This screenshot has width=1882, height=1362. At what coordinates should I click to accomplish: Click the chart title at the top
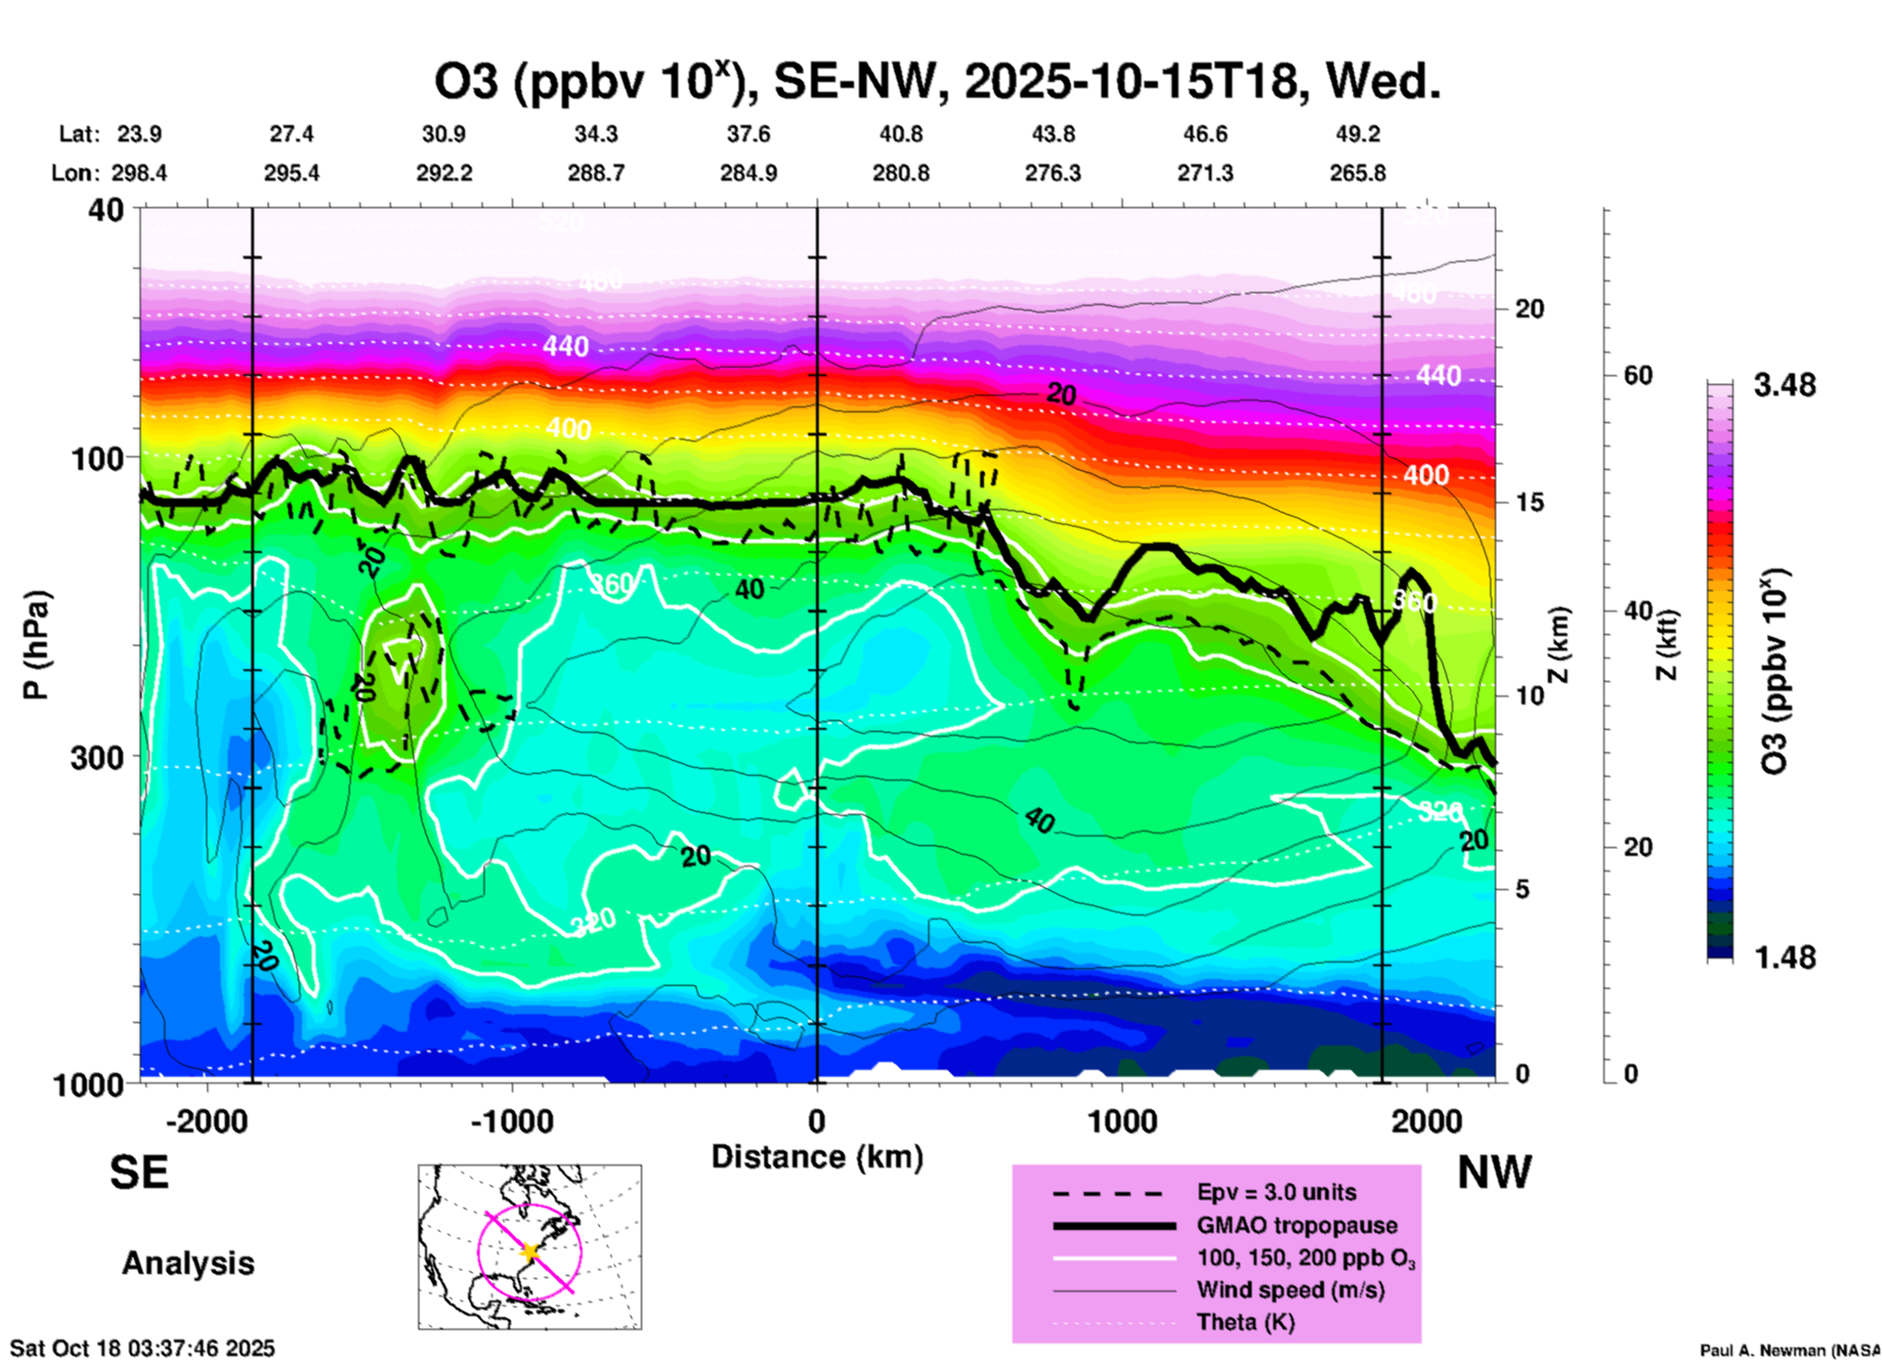coord(937,82)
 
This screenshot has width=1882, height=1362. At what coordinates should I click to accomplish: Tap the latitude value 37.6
coord(749,134)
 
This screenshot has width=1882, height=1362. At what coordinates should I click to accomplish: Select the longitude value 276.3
coord(1052,173)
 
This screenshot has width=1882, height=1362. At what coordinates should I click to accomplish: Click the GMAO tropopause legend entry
coord(1297,1225)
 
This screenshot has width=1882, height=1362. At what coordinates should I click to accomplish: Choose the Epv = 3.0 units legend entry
coord(1276,1192)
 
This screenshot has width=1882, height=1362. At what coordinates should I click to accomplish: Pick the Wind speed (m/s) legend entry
coord(1290,1290)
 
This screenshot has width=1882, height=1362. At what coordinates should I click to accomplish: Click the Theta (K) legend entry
coord(1245,1322)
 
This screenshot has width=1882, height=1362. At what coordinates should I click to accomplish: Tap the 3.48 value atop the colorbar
coord(1784,385)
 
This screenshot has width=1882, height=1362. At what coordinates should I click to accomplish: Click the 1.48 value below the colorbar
coord(1784,957)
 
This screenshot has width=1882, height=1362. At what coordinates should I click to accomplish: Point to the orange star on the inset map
coord(530,1251)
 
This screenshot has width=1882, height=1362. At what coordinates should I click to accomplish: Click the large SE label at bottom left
coord(139,1171)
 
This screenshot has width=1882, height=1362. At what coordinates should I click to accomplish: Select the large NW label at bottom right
coord(1494,1171)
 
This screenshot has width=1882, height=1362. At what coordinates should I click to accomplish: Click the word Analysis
coord(188,1262)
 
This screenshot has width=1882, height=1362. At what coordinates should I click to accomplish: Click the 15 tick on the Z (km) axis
coord(1529,502)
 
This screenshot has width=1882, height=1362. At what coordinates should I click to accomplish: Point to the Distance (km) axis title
coord(817,1157)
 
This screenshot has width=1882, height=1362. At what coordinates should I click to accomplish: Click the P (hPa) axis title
coord(36,644)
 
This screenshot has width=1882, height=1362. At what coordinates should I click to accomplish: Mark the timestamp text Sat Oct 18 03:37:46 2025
coord(143,1348)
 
